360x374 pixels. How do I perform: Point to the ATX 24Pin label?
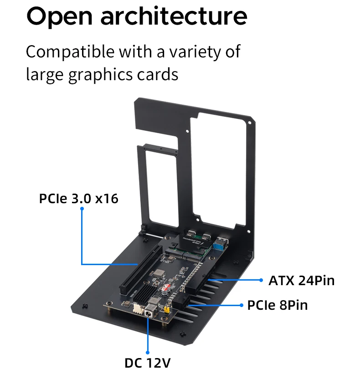[301, 280]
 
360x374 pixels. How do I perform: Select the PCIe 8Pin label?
[278, 305]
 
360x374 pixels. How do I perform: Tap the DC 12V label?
[148, 363]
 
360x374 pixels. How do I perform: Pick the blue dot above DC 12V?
[148, 351]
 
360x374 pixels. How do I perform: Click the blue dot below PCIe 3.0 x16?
[82, 209]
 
